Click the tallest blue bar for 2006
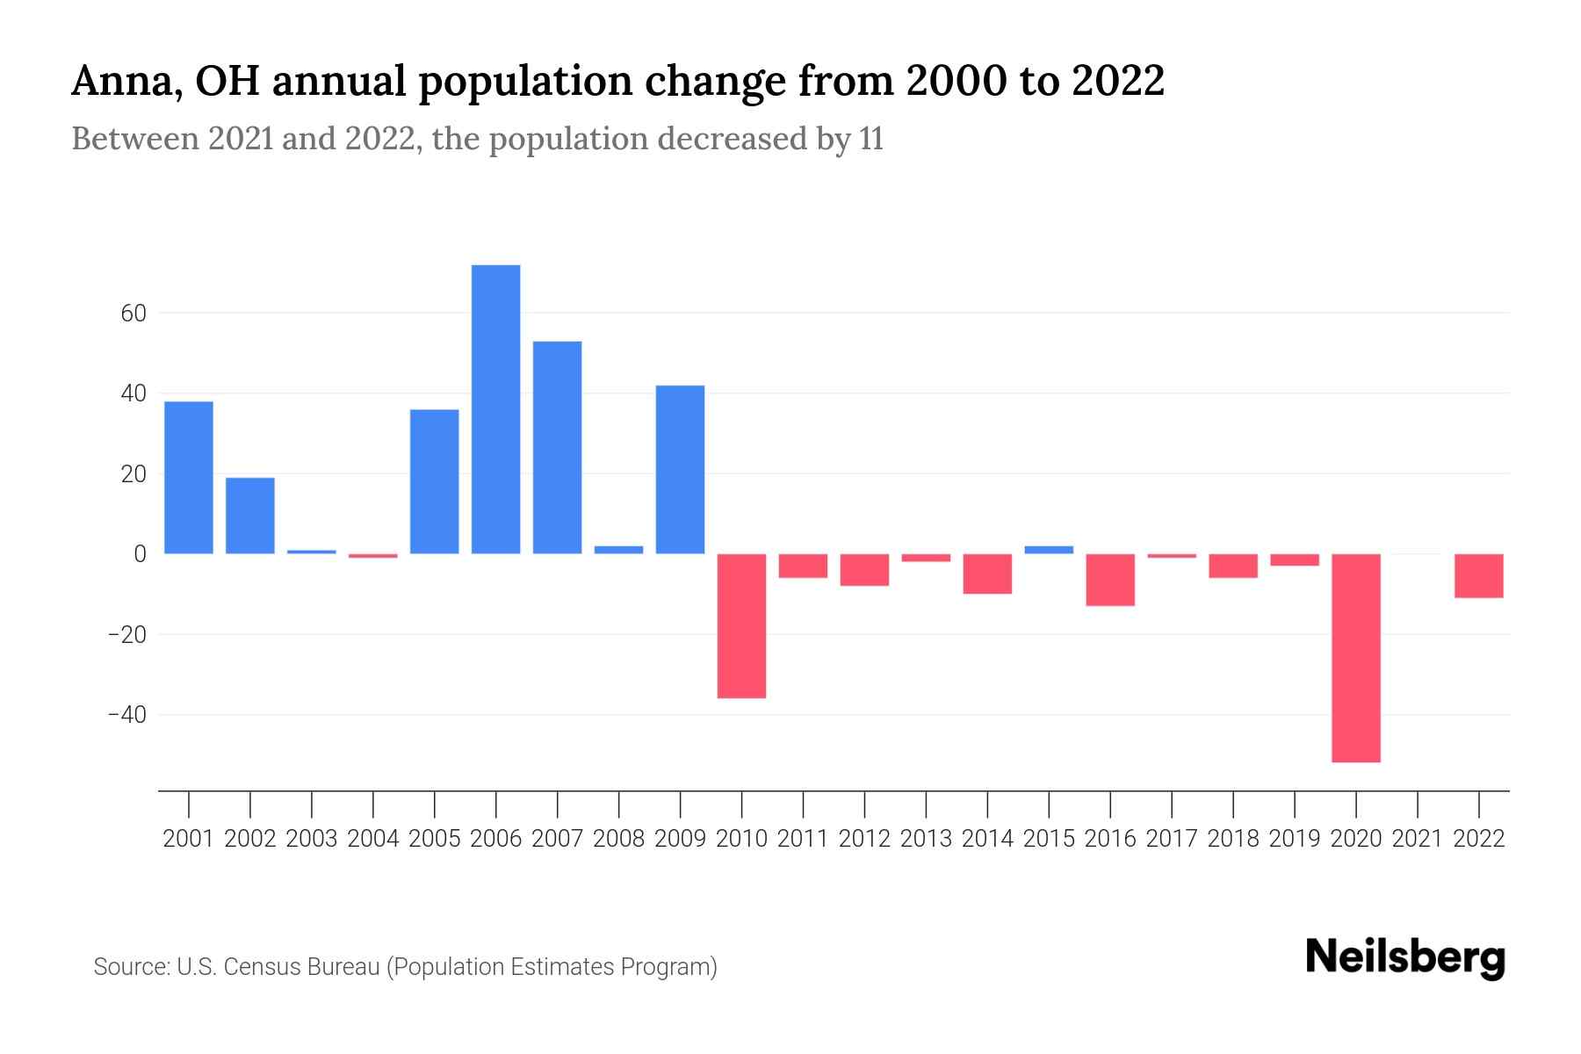point(495,409)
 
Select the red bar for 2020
point(1356,658)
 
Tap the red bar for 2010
point(741,625)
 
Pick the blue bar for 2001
point(189,477)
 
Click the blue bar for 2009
point(680,469)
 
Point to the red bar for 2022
point(1479,576)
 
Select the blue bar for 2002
point(250,516)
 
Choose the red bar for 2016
point(1110,580)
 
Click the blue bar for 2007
point(557,447)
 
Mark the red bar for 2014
point(987,574)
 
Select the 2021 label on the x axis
point(1417,839)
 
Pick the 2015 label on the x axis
point(1049,839)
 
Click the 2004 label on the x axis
point(373,839)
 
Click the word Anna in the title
point(124,82)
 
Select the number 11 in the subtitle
point(870,140)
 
